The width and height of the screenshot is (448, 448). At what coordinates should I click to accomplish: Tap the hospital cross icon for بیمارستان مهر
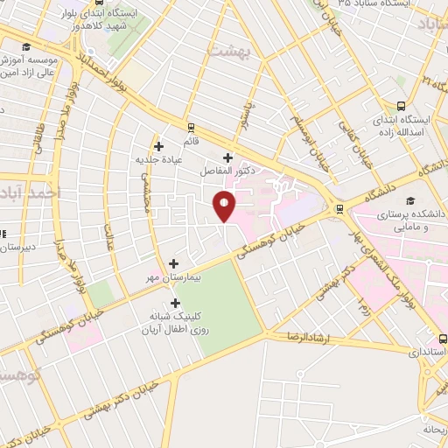click(x=173, y=262)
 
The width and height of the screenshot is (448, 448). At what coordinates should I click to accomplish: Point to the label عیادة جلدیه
click(x=157, y=160)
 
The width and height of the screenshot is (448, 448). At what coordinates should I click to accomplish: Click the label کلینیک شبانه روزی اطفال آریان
click(x=171, y=324)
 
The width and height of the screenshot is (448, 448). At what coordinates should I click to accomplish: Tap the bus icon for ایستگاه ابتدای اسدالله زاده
click(x=401, y=106)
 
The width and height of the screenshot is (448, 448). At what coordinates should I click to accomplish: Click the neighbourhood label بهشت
click(x=229, y=50)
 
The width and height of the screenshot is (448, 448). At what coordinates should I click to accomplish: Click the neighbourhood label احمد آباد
click(x=31, y=192)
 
